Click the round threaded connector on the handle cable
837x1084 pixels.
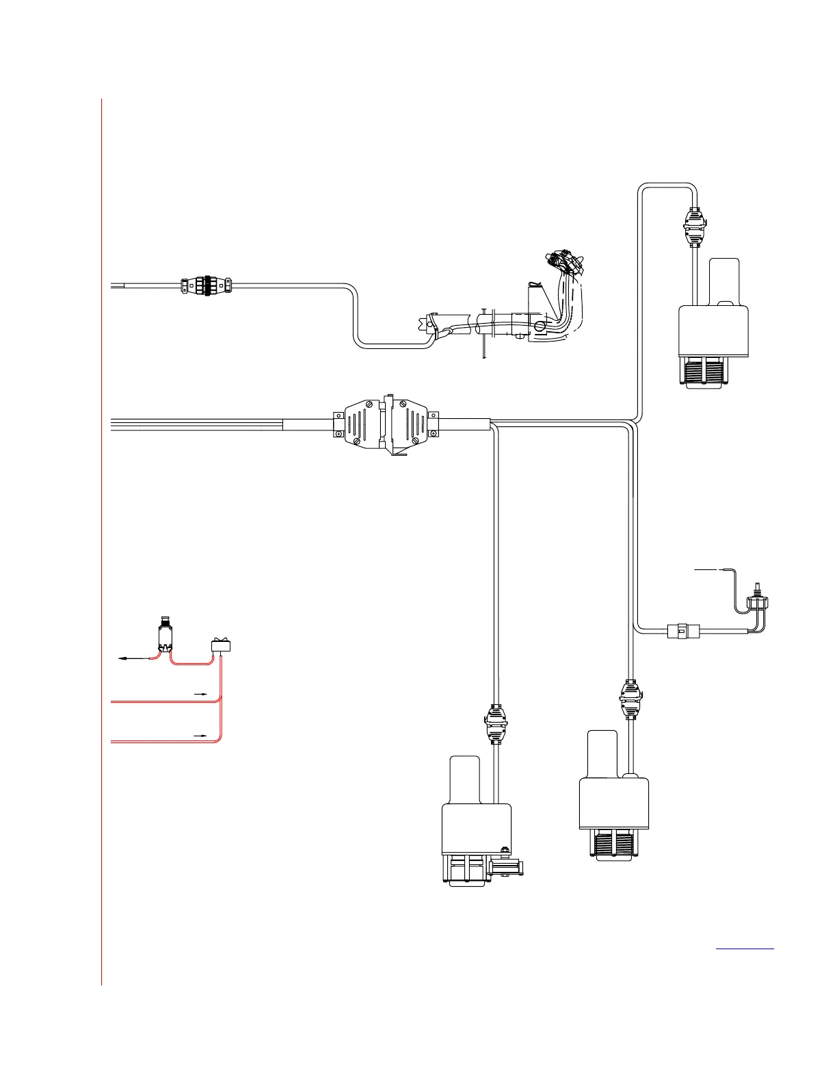pyautogui.click(x=205, y=285)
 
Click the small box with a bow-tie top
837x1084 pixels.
pyautogui.click(x=220, y=645)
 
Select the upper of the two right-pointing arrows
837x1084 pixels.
pyautogui.click(x=201, y=693)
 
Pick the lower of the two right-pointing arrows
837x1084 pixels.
pyautogui.click(x=201, y=734)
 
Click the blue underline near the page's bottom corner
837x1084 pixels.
pyautogui.click(x=745, y=949)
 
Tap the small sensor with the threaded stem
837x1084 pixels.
pyautogui.click(x=757, y=601)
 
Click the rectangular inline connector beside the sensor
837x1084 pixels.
pyautogui.click(x=679, y=630)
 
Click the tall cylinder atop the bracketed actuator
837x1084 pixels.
pyautogui.click(x=465, y=779)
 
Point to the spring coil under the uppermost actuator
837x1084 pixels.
pyautogui.click(x=704, y=372)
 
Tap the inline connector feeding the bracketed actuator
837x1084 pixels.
pyautogui.click(x=496, y=724)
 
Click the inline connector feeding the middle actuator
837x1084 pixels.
pyautogui.click(x=630, y=698)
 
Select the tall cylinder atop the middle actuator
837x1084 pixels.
pyautogui.click(x=602, y=753)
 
